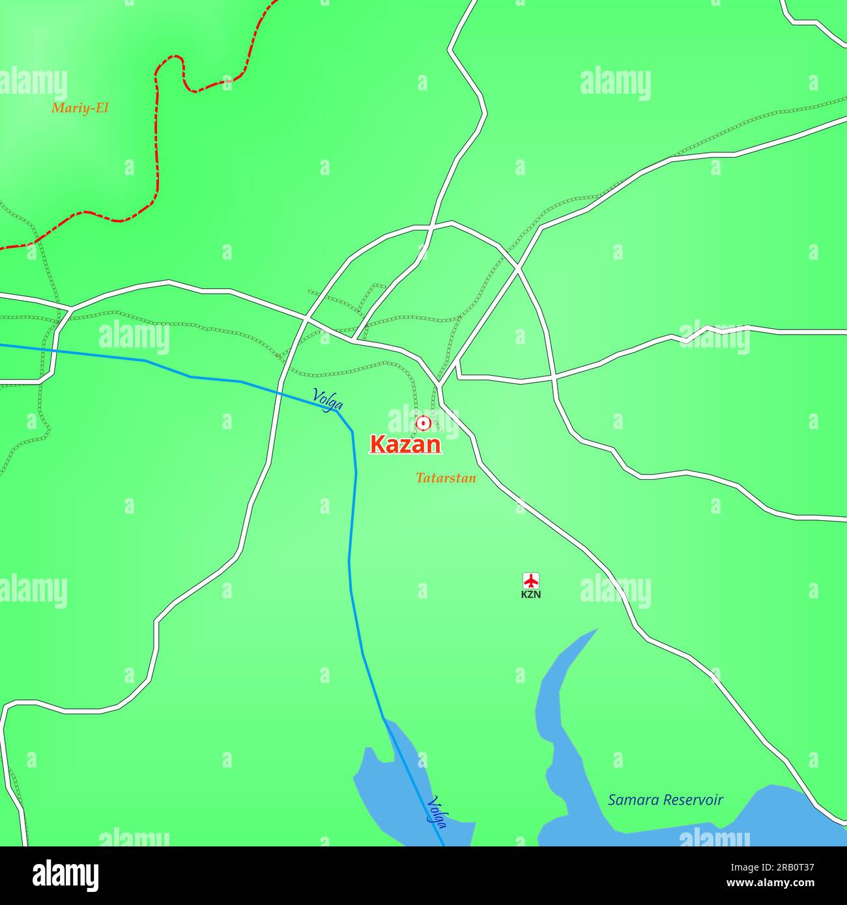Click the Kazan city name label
pos(405,444)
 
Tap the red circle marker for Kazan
pos(423,424)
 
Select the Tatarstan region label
pos(446,478)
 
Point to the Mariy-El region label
pos(79,108)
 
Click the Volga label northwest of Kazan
pos(328,399)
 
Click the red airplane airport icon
pos(531,580)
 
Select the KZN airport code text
pos(531,594)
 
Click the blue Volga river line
pos(352,521)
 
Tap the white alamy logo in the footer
pos(65,876)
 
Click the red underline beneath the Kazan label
pos(405,454)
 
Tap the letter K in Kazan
pos(377,444)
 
